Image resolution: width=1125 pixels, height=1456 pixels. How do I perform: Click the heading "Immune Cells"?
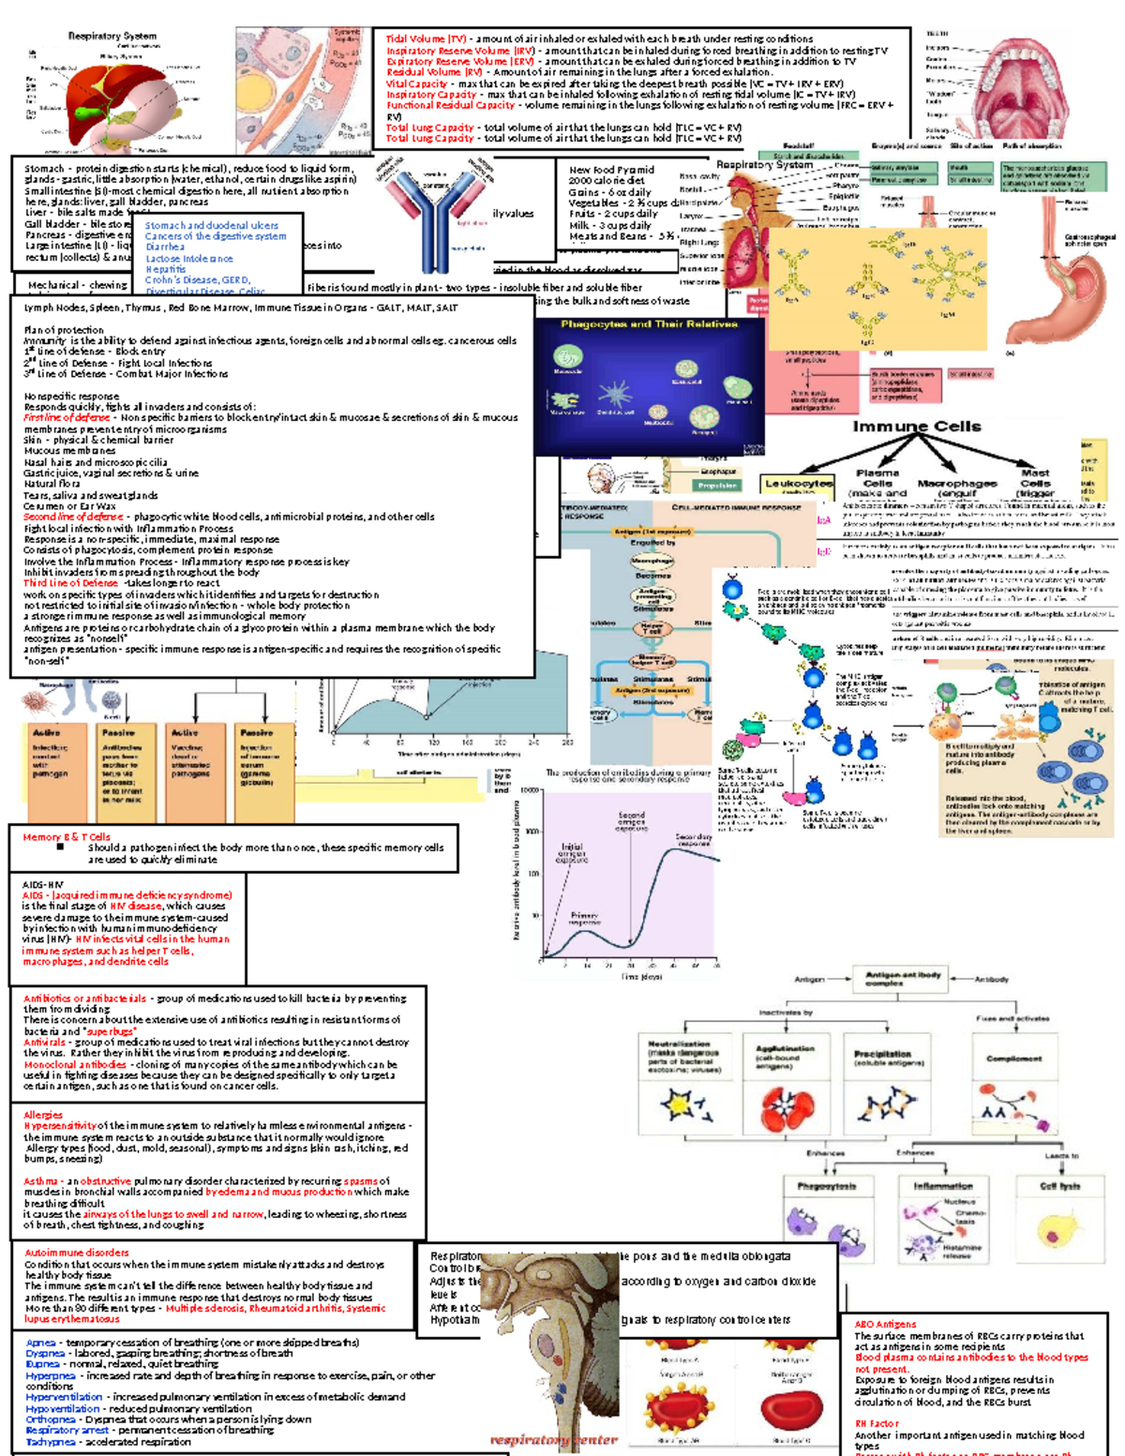tap(916, 427)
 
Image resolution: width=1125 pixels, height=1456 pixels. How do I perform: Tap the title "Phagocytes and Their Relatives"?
tap(649, 324)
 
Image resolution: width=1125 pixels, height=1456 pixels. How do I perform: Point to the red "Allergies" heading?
tap(43, 1115)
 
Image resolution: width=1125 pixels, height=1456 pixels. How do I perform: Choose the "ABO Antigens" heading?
tap(885, 1325)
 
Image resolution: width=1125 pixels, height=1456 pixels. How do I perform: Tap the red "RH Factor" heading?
tap(877, 1423)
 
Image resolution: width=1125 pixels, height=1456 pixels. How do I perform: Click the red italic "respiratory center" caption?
tap(553, 1440)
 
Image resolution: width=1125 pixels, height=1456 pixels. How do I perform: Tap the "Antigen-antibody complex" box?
tap(902, 979)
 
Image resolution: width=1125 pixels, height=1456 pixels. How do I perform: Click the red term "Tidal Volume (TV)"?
tap(426, 39)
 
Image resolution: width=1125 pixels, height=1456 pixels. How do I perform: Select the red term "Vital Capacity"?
tap(416, 83)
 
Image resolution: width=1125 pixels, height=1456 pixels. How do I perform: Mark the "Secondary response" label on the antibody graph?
tap(694, 840)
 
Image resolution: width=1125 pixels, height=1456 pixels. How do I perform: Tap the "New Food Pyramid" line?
tap(611, 170)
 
